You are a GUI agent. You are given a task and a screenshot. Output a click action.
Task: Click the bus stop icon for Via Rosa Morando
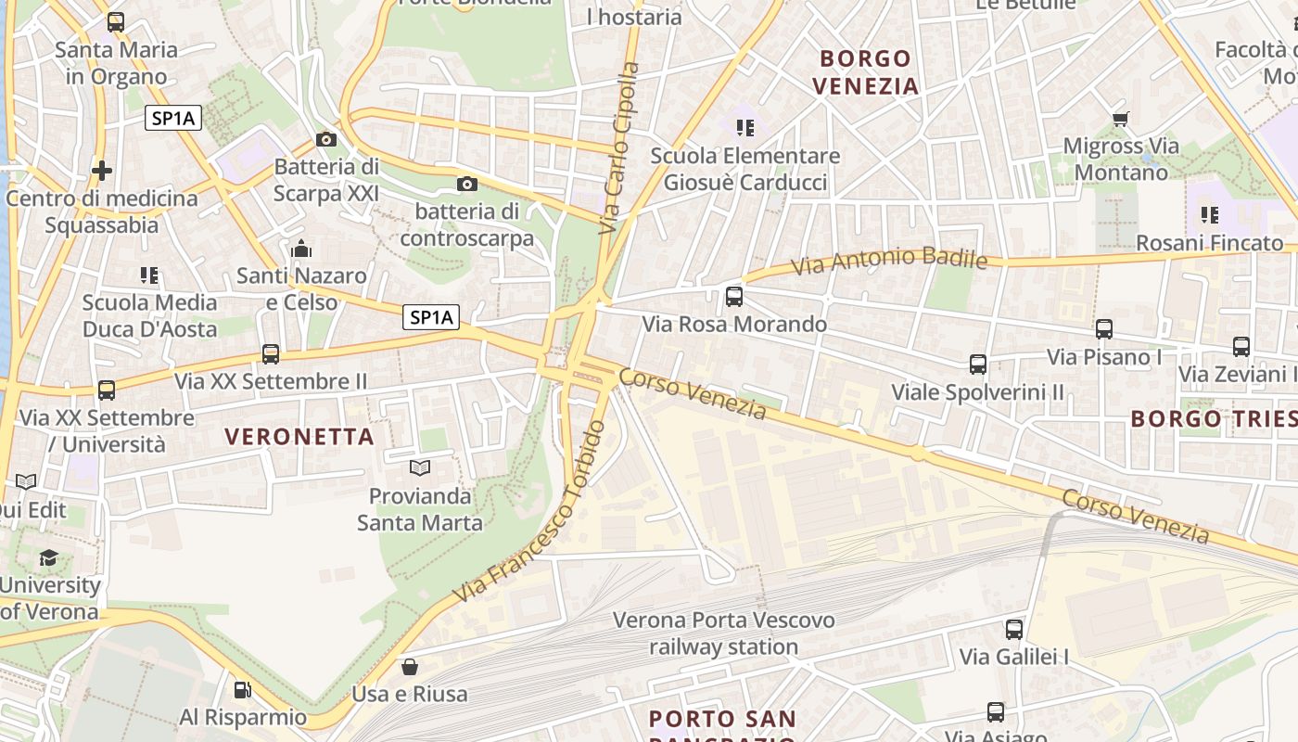click(734, 297)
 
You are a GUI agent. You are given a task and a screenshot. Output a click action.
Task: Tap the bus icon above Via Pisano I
click(1103, 329)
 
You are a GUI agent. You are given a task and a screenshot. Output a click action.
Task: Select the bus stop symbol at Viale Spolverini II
click(977, 365)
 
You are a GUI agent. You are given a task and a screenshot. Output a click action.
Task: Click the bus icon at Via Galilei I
click(1013, 630)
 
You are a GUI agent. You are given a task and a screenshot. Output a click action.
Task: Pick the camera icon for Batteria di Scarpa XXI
click(326, 139)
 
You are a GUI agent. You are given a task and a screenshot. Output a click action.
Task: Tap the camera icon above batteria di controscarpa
click(467, 184)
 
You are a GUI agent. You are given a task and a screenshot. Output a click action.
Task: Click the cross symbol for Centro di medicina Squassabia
click(102, 170)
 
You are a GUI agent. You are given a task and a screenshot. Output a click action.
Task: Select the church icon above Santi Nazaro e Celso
click(301, 249)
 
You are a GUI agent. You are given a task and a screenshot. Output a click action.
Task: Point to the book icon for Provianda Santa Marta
click(420, 468)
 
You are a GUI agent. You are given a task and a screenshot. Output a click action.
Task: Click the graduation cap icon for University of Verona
click(48, 557)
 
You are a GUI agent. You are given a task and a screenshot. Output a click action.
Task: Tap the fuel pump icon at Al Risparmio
click(242, 689)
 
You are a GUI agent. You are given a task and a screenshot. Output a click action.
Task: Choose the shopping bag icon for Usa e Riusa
click(409, 666)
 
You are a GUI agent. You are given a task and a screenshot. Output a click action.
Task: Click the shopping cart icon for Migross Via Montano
click(1120, 119)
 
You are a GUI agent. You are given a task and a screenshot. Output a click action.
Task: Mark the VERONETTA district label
click(299, 436)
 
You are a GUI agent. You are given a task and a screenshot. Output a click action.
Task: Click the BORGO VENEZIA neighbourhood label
click(866, 72)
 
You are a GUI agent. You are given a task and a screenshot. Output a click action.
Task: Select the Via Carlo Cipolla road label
click(619, 148)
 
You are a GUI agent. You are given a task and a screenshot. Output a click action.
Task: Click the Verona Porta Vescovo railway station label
click(723, 633)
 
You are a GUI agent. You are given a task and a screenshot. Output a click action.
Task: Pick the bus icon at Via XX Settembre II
click(271, 353)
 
